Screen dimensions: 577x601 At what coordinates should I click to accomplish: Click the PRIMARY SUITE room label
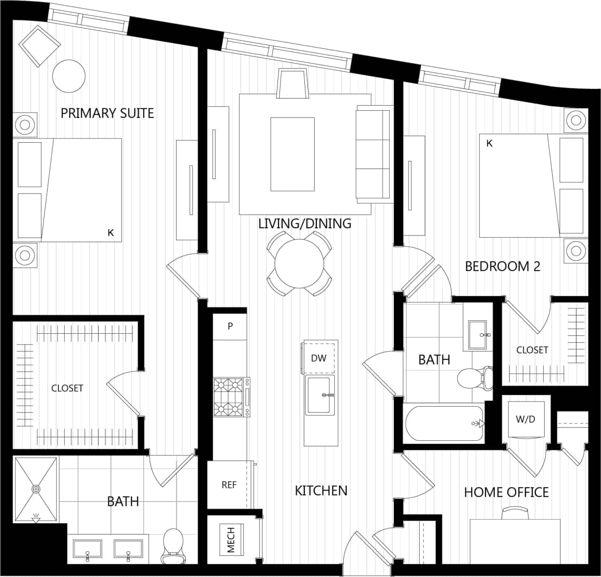tap(107, 113)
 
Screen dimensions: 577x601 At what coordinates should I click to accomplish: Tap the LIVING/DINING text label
tap(305, 223)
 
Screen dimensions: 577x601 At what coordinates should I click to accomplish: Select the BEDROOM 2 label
tap(502, 266)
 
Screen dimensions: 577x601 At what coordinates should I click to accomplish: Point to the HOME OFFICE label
tap(506, 492)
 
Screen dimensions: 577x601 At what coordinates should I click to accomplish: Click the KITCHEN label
tap(321, 491)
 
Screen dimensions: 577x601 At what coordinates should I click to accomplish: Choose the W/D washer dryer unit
tap(525, 419)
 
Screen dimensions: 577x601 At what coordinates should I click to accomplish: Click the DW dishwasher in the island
tap(319, 358)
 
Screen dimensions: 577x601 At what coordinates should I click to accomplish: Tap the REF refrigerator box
tap(229, 485)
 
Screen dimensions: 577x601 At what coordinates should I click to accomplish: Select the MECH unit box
tap(231, 539)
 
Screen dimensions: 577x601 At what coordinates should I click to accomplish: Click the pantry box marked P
tap(230, 326)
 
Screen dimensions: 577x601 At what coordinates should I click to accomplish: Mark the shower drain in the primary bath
tap(36, 489)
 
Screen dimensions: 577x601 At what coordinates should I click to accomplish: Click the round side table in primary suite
tap(69, 76)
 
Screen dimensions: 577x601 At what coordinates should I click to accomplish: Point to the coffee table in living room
tap(293, 154)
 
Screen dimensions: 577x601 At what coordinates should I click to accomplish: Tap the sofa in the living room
tap(373, 154)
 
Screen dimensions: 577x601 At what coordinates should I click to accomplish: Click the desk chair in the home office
tap(515, 513)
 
